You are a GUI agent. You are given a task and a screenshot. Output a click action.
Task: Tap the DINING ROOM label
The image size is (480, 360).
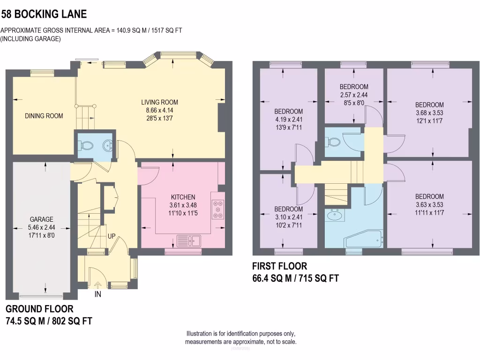pos(44,116)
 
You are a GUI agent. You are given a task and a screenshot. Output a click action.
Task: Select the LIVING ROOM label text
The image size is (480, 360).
pos(160,102)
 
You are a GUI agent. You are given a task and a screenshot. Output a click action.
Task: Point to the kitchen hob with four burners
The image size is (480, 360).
pos(218,210)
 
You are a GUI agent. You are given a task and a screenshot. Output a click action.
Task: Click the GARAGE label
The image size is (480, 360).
pos(42,219)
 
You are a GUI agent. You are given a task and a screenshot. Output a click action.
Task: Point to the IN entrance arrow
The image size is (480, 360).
pos(97,285)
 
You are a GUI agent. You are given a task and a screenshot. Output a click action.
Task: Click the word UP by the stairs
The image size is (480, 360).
pos(112,236)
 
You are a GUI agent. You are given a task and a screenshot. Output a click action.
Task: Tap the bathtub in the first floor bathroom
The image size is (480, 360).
pos(364,240)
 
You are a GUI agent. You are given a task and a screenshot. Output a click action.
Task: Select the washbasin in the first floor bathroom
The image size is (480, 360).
pos(336,216)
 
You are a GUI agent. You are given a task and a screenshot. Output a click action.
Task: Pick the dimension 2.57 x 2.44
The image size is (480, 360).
pos(354,94)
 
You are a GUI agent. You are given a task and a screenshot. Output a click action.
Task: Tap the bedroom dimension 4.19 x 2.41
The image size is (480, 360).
pos(288,119)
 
